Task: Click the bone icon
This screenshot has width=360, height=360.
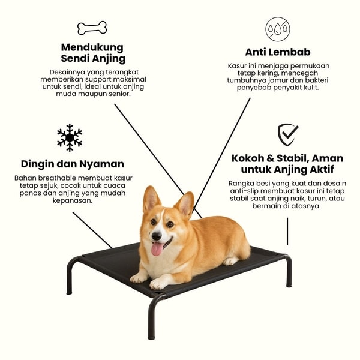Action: click(x=92, y=28)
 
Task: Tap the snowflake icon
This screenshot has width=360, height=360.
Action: click(x=70, y=137)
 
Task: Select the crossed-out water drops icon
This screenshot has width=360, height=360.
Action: click(x=278, y=29)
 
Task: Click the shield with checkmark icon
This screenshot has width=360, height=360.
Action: click(x=287, y=135)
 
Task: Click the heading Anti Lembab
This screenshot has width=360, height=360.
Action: click(x=278, y=52)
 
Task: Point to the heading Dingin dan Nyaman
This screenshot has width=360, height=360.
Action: click(x=73, y=164)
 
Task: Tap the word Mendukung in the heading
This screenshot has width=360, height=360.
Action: click(x=92, y=47)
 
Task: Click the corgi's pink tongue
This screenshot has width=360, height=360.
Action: click(x=157, y=248)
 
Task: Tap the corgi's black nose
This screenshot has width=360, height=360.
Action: click(x=157, y=236)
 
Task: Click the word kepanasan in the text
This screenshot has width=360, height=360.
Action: click(x=73, y=200)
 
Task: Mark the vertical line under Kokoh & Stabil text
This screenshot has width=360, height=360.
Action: click(x=287, y=232)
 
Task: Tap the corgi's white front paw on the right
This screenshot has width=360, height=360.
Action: click(x=159, y=283)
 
